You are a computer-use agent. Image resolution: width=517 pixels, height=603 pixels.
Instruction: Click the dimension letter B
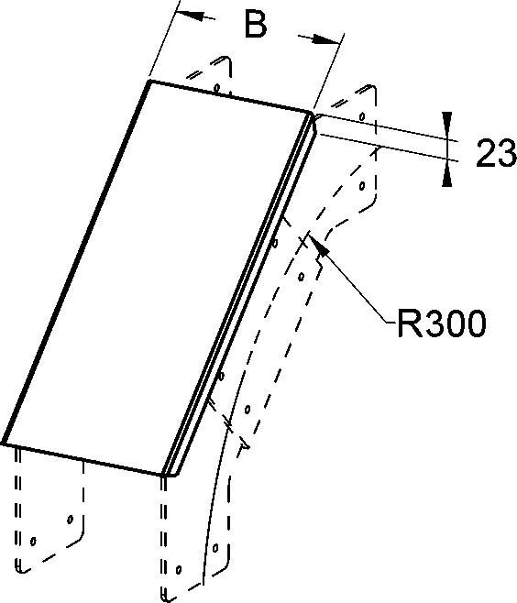[x=256, y=24]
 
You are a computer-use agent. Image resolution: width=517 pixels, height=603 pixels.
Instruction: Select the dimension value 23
[x=496, y=153]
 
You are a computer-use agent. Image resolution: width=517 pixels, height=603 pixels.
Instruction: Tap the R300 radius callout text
[x=441, y=323]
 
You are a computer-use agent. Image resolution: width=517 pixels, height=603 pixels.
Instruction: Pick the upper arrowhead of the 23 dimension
[x=446, y=125]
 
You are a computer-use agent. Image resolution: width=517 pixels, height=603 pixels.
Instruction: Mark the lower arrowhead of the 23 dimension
[x=446, y=174]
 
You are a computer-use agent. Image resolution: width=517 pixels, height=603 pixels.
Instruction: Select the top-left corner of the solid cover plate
[x=150, y=82]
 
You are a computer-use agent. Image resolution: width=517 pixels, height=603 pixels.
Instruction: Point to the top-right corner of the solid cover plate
[x=311, y=113]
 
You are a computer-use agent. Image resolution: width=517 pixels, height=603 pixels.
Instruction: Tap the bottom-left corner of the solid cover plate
[x=3, y=444]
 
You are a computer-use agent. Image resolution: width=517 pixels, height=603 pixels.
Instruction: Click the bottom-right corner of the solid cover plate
[x=163, y=475]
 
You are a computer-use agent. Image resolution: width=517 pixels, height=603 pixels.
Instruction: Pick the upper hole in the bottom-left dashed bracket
[x=70, y=520]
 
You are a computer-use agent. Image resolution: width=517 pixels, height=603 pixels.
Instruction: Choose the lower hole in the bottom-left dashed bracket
[x=33, y=541]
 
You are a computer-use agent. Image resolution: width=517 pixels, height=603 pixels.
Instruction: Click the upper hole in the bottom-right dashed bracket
[x=215, y=547]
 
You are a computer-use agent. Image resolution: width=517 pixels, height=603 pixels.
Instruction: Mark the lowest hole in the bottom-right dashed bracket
[x=179, y=569]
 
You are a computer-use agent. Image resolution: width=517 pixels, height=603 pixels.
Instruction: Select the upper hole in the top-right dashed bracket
[x=362, y=115]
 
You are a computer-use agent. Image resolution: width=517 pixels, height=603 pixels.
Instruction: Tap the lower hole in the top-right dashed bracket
[x=362, y=186]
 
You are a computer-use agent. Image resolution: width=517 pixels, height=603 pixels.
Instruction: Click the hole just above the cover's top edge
[x=217, y=88]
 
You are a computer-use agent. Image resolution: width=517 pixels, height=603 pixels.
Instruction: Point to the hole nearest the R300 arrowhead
[x=302, y=276]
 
